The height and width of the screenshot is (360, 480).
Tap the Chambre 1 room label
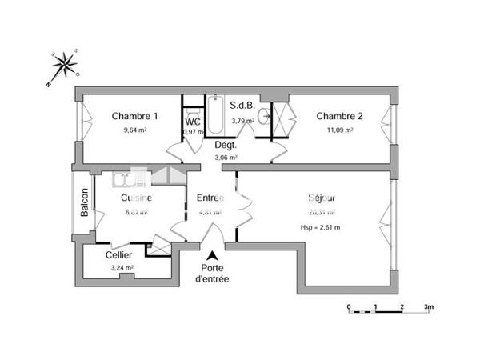pos(134,116)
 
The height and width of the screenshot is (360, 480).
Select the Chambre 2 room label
pos(339,116)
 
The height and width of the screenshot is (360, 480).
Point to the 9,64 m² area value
pos(134,130)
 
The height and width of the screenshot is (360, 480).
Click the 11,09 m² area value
pos(339,130)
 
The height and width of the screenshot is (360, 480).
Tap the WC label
pos(193,122)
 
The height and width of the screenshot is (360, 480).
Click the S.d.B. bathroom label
pos(242,105)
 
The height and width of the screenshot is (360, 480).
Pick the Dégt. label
pos(226,145)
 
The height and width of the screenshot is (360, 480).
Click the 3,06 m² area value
pos(227,158)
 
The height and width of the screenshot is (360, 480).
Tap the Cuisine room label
pos(137,198)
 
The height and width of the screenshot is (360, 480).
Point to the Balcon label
pos(84,202)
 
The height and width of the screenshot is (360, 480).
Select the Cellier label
pos(119,255)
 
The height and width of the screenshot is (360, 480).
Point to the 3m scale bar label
pos(429,306)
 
